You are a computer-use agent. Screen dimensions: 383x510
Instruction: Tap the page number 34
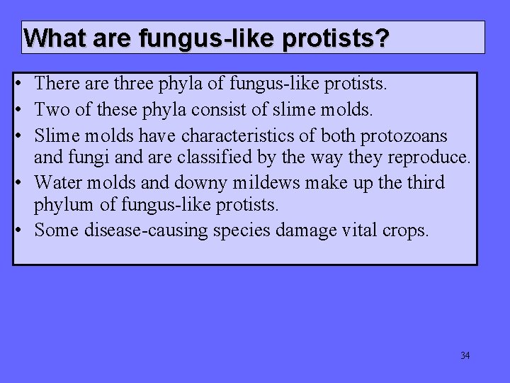point(465,355)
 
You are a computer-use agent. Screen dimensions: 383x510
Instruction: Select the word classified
point(200,157)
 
